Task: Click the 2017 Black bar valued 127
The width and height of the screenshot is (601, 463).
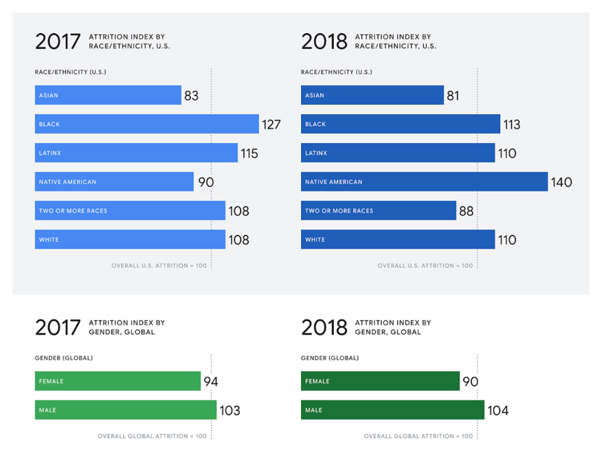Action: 146,124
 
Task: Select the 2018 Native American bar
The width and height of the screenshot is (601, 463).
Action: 424,182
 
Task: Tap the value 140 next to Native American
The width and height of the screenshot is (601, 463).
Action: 561,182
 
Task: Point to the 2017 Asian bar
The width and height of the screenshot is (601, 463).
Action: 108,95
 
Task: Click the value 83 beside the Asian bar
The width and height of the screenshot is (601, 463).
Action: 192,96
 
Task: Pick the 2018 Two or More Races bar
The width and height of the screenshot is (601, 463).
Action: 378,211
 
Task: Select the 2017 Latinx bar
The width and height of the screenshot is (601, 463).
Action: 136,153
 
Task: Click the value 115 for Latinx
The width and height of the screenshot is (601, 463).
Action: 249,153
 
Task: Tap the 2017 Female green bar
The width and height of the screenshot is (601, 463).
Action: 118,381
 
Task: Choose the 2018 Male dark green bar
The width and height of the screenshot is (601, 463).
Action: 393,410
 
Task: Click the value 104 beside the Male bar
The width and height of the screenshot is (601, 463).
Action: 498,410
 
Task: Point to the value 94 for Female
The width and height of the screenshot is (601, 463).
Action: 211,381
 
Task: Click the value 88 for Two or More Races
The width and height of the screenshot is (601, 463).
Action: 467,211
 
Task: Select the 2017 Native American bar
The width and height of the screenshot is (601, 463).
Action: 114,182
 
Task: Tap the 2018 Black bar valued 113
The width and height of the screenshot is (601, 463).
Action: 400,124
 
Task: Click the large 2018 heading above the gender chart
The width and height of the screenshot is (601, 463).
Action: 324,328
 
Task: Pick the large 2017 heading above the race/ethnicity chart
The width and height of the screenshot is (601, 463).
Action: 58,42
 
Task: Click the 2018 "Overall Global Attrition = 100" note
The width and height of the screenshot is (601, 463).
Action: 418,436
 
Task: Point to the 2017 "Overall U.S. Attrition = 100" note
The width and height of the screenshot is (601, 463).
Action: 159,266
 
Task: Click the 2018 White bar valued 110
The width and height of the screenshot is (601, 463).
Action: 398,239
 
